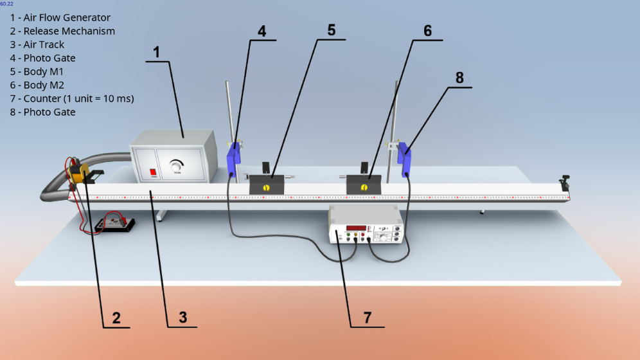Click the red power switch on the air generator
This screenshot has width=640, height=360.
point(153,172)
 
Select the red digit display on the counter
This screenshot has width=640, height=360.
point(356,228)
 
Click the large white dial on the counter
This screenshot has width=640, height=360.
point(386,237)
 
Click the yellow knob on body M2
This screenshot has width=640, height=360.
point(364,187)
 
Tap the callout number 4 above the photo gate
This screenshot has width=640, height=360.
point(262,31)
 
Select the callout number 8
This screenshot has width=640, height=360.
point(459,78)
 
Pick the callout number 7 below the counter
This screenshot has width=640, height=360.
point(367,317)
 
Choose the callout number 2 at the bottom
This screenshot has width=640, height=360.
point(116,318)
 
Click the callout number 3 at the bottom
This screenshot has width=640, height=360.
point(182,317)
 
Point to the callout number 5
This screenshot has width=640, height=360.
point(331,30)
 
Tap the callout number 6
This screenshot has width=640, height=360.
point(427,31)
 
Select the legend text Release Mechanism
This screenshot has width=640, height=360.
point(69,31)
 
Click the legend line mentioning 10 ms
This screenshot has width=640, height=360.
point(72,98)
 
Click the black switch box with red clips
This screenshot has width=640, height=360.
point(114,224)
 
